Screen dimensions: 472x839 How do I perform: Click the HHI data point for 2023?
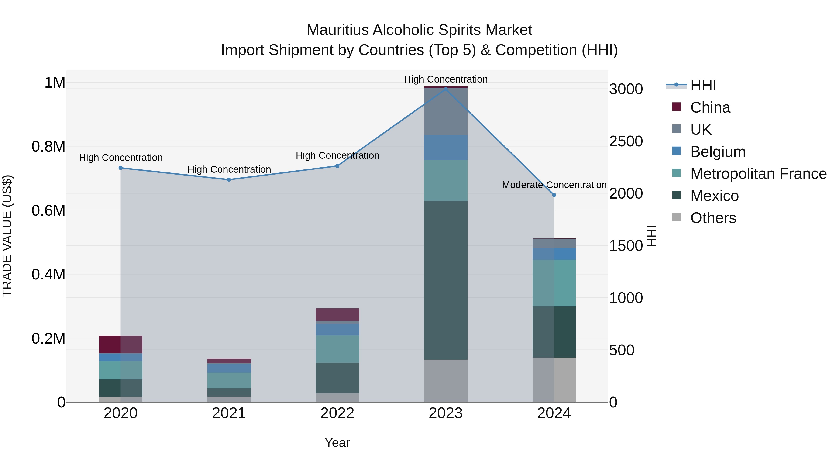[446, 88]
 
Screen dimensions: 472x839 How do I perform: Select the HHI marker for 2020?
[120, 168]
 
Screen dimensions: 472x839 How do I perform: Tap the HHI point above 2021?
[229, 179]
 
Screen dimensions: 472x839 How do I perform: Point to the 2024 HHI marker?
[554, 195]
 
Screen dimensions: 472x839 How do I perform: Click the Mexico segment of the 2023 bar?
[446, 280]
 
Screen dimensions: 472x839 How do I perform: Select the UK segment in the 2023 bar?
[446, 111]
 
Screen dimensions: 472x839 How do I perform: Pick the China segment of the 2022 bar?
[337, 314]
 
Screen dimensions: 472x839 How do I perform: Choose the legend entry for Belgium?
[718, 152]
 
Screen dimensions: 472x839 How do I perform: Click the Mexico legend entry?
[714, 196]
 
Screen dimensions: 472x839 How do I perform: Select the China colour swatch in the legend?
[677, 107]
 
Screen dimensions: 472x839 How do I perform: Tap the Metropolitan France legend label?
[758, 174]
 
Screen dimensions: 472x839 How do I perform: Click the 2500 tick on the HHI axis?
[626, 141]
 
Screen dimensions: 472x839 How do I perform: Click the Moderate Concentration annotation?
[554, 185]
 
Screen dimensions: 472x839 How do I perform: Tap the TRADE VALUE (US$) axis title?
[7, 236]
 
